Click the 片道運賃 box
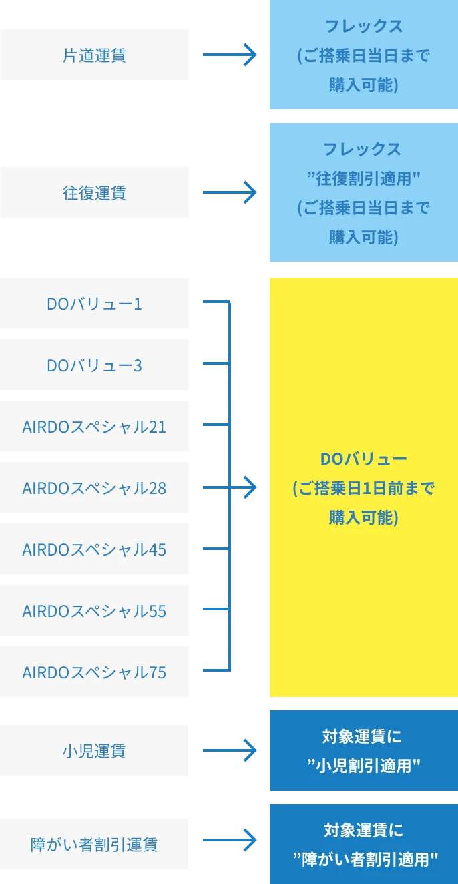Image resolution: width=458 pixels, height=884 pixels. coord(95,54)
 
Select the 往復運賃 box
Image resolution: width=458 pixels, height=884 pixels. coord(95,193)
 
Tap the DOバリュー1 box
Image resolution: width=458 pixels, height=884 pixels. coord(95,304)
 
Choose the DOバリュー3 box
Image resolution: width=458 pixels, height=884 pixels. coord(95,365)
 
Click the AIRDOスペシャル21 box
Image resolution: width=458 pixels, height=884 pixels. coord(95,427)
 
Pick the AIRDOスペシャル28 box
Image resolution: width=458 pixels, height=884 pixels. coord(95,488)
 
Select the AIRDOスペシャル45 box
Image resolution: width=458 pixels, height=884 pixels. coord(95,549)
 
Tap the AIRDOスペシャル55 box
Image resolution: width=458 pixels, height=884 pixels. coord(95,611)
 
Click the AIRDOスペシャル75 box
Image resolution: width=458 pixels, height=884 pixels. coord(95,672)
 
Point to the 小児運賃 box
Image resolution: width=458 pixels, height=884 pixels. coord(95,751)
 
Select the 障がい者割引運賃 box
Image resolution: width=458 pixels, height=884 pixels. coord(95,844)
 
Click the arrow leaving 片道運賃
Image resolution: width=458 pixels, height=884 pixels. coord(230,55)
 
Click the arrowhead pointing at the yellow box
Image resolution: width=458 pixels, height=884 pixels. coord(250,489)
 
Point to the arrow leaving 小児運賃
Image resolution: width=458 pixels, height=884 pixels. coord(230,751)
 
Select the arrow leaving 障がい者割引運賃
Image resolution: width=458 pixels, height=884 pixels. coord(230,843)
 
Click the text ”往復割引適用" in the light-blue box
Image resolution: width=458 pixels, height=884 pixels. coord(363,178)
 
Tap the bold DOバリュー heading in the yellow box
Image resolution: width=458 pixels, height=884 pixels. coord(363,459)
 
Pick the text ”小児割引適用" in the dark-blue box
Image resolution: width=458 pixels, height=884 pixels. coord(363,765)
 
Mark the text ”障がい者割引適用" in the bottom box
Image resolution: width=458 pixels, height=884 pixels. coord(363,859)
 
